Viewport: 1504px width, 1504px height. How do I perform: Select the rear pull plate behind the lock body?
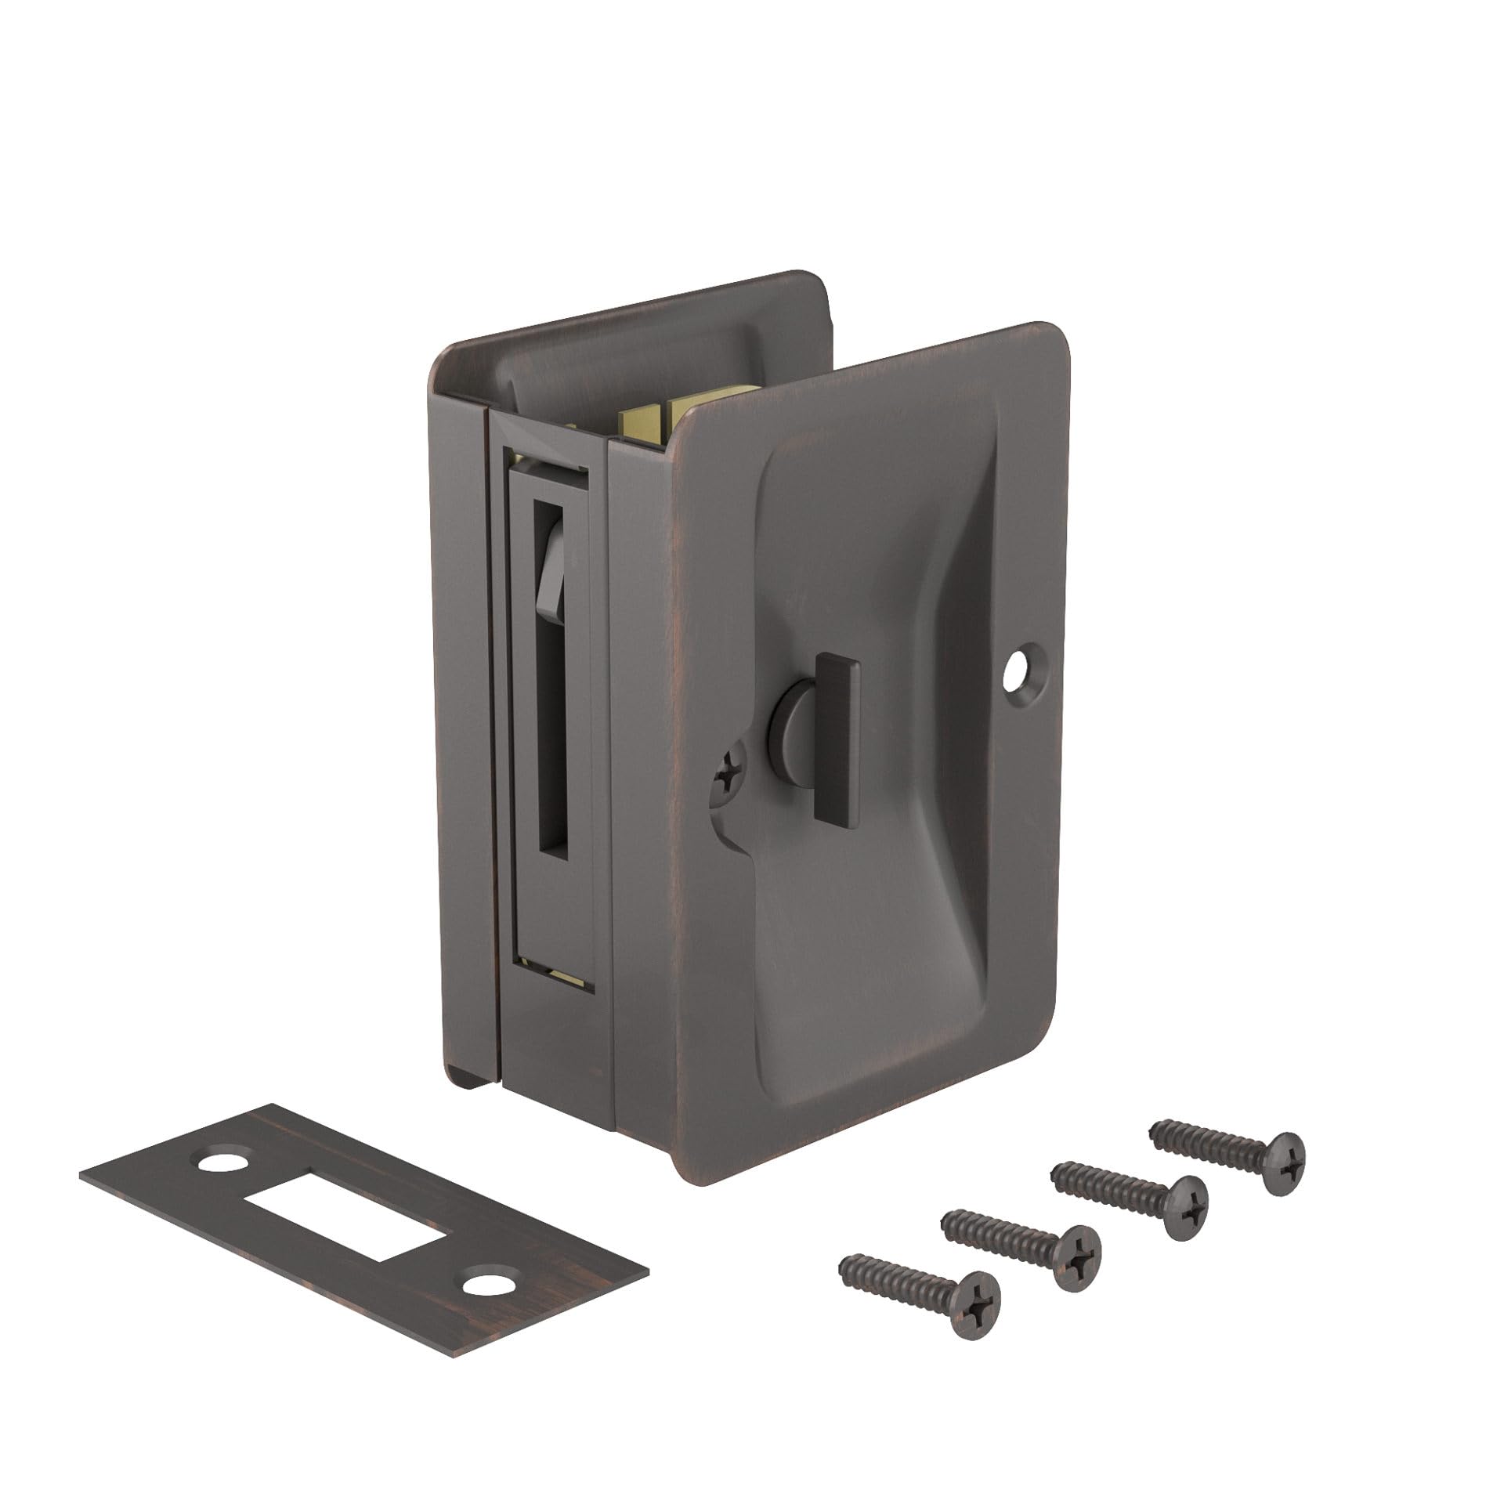[627, 337]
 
